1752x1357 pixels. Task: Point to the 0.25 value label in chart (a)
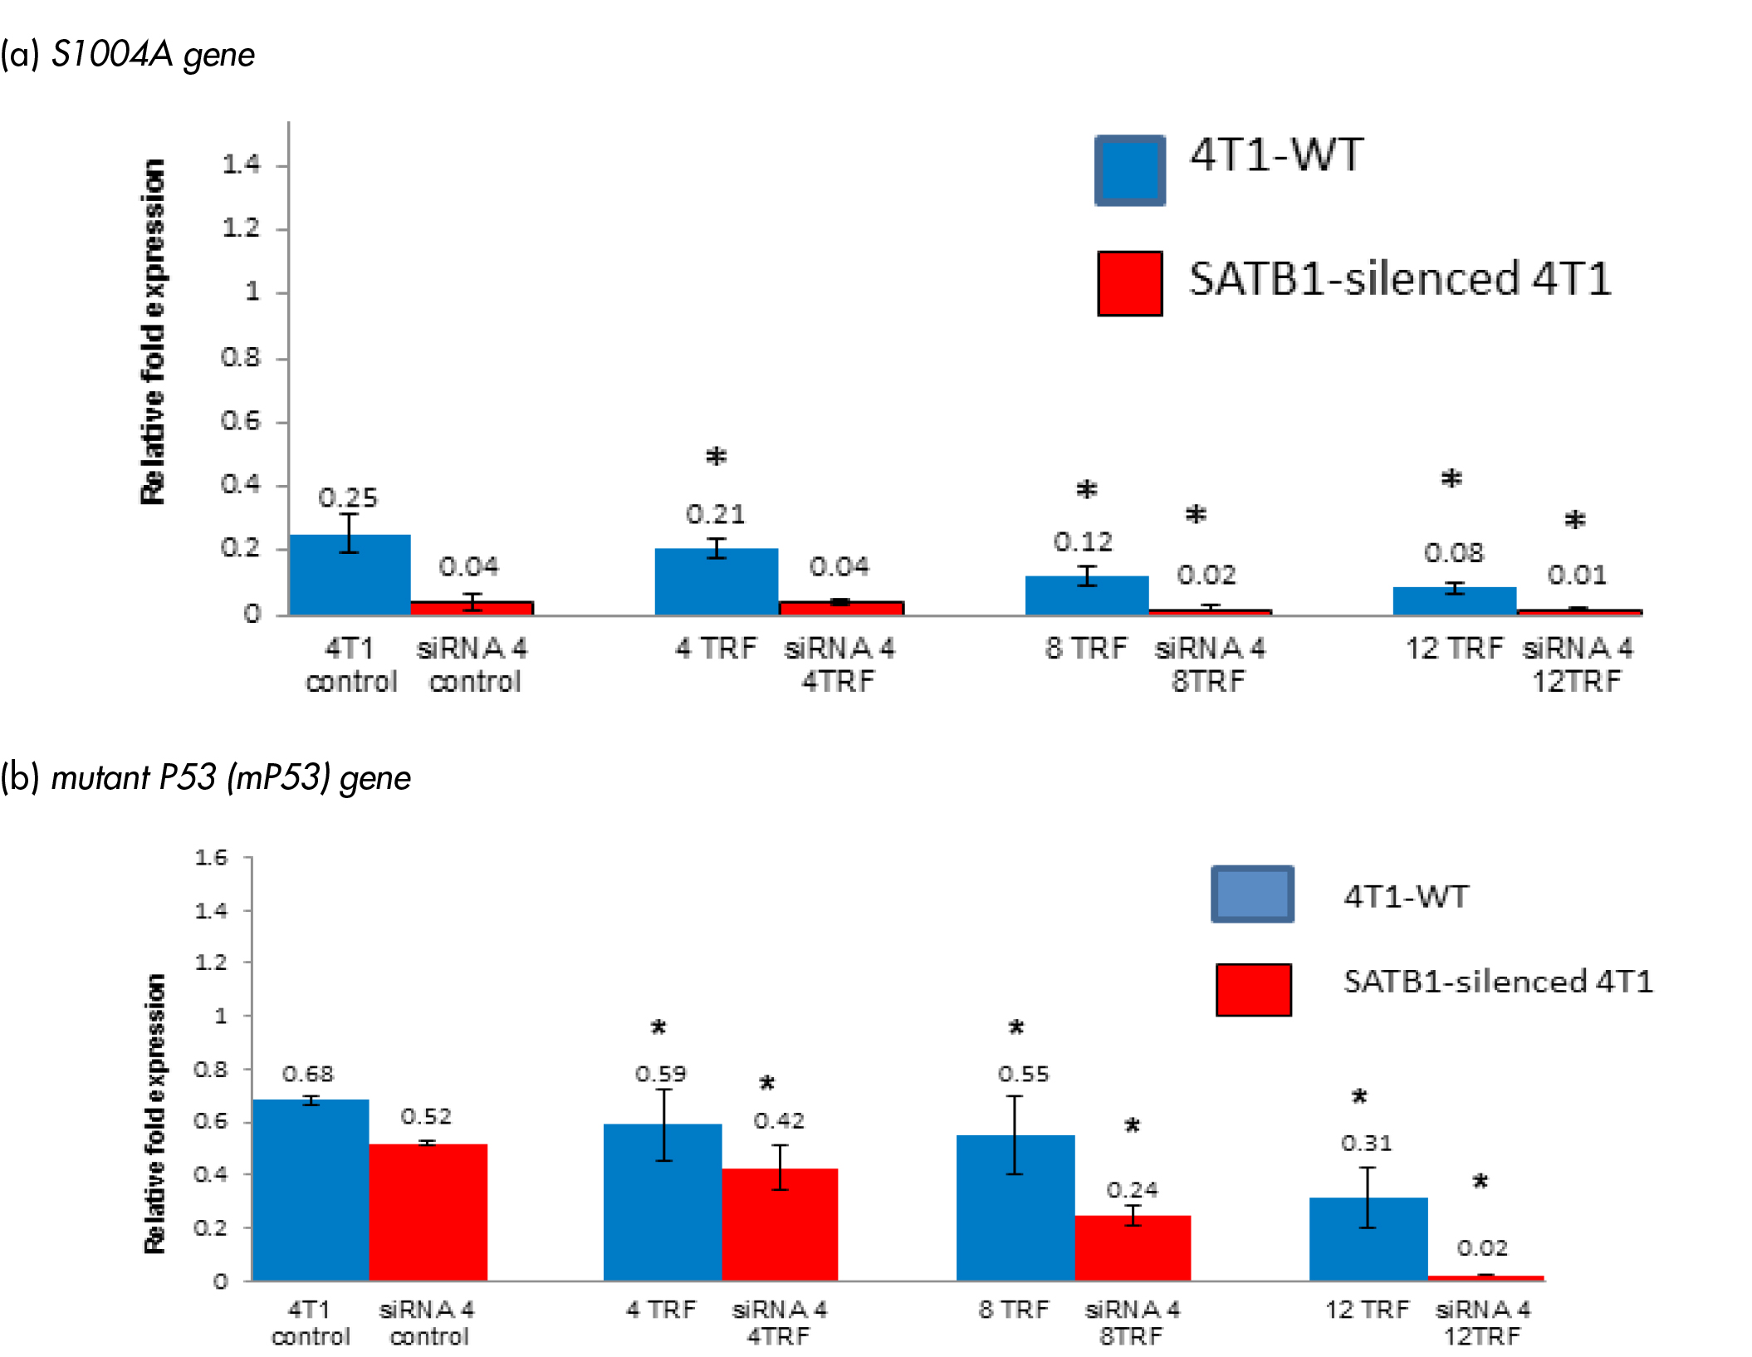coord(348,497)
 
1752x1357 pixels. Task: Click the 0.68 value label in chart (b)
coord(308,1074)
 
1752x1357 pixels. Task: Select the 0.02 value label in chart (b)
coord(1482,1247)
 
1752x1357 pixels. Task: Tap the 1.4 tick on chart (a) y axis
coord(241,164)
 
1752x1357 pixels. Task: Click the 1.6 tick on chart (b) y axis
coord(211,857)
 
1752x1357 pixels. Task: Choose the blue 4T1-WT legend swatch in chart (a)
coord(1129,170)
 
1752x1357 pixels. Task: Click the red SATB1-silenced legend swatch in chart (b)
coord(1253,989)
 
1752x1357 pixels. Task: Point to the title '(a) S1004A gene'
coord(128,55)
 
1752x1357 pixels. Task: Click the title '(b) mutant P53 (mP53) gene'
coord(205,778)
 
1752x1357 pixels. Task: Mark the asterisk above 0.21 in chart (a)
coord(716,457)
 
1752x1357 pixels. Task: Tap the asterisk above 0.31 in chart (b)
coord(1359,1097)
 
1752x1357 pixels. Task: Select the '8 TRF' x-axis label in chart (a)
coord(1086,648)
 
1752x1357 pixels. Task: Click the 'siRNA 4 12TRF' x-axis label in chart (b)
coord(1482,1322)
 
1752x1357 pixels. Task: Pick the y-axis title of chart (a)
coord(153,332)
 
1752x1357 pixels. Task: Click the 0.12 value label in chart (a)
coord(1083,542)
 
